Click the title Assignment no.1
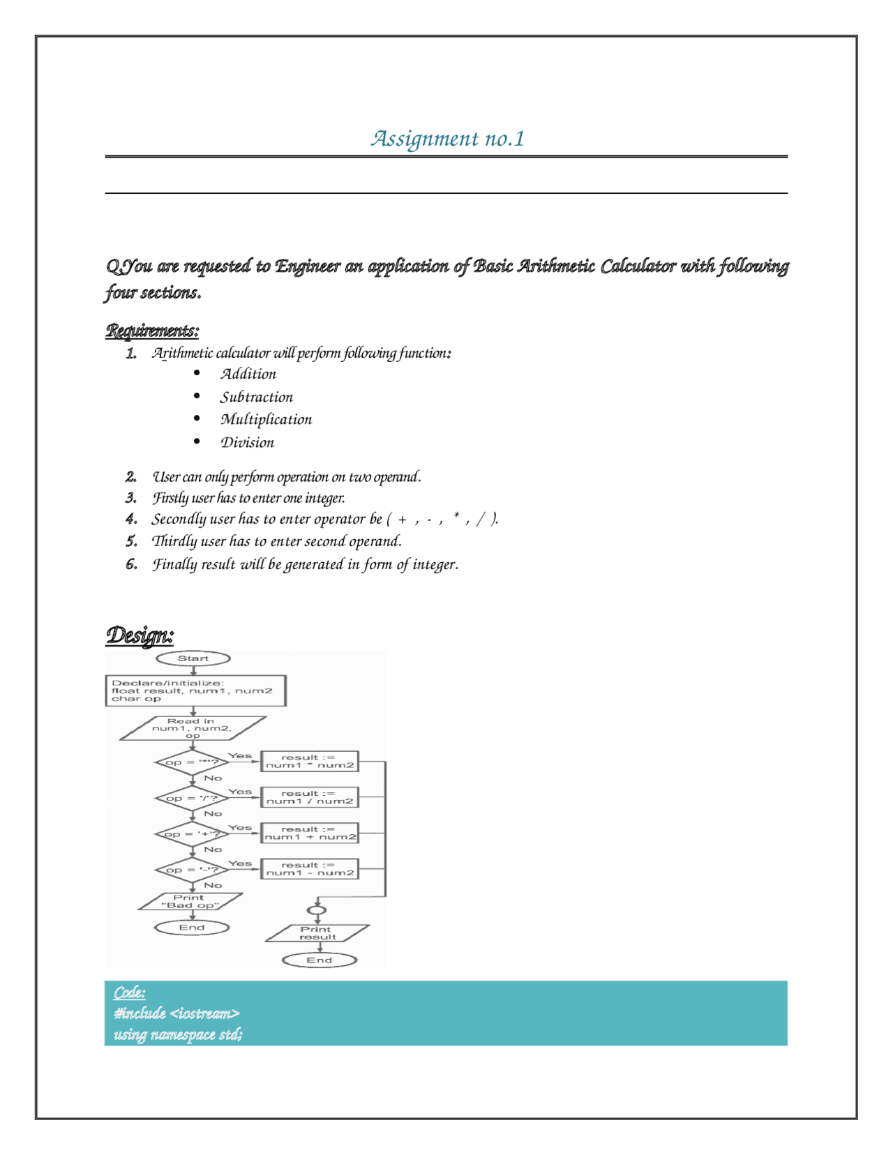tap(447, 138)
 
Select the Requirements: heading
tap(152, 330)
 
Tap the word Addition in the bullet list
tap(248, 374)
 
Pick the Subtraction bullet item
tap(257, 397)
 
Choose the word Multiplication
tap(266, 419)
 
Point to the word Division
tap(247, 442)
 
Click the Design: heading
tap(140, 635)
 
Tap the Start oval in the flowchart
tap(193, 658)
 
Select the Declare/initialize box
tap(195, 690)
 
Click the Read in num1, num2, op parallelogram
tap(193, 728)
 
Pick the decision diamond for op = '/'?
tap(192, 798)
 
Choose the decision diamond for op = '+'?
tap(192, 833)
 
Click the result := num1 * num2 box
tap(309, 761)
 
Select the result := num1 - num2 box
tap(309, 868)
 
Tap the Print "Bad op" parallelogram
tap(190, 901)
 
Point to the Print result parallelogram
tap(317, 933)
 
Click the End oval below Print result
tap(320, 960)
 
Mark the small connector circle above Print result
tap(317, 910)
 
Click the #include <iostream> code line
tap(177, 1013)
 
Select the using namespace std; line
tap(178, 1034)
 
